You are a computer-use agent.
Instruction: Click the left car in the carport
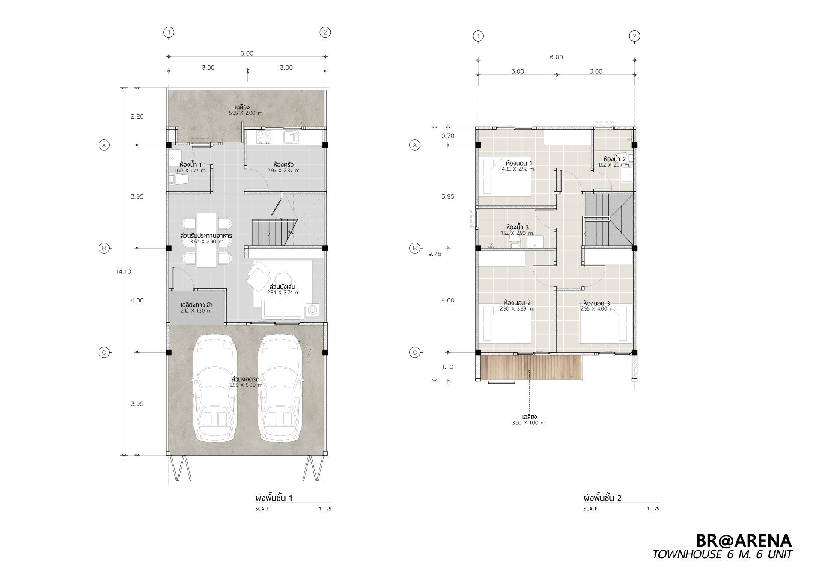click(215, 388)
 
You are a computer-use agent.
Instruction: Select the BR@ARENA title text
click(744, 540)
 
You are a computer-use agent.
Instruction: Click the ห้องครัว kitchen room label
click(283, 164)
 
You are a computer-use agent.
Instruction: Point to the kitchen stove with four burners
click(264, 136)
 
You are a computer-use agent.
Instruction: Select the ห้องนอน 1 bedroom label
click(518, 163)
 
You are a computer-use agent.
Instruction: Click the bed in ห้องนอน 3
click(605, 323)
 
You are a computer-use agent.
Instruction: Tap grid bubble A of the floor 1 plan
click(104, 145)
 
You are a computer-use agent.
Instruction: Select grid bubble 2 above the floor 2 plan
click(634, 36)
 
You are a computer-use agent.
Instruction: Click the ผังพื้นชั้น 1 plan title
click(274, 498)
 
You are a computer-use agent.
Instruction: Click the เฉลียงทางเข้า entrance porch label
click(197, 305)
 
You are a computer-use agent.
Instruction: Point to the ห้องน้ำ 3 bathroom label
click(518, 227)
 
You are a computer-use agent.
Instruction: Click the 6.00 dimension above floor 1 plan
click(247, 53)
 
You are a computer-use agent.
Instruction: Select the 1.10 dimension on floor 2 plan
click(448, 367)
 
